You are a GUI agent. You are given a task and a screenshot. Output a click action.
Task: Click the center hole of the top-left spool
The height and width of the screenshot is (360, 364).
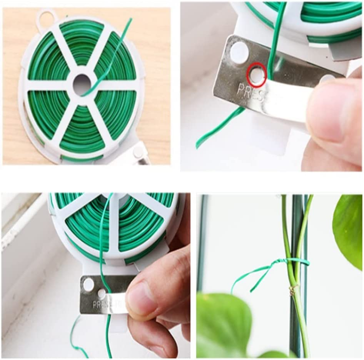[82, 84]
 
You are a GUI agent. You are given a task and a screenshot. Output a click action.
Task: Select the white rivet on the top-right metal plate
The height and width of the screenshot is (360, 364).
[239, 52]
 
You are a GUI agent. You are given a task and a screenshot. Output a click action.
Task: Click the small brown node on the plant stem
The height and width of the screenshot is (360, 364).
[292, 290]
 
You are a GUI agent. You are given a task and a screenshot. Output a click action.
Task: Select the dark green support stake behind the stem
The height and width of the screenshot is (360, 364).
[299, 231]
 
